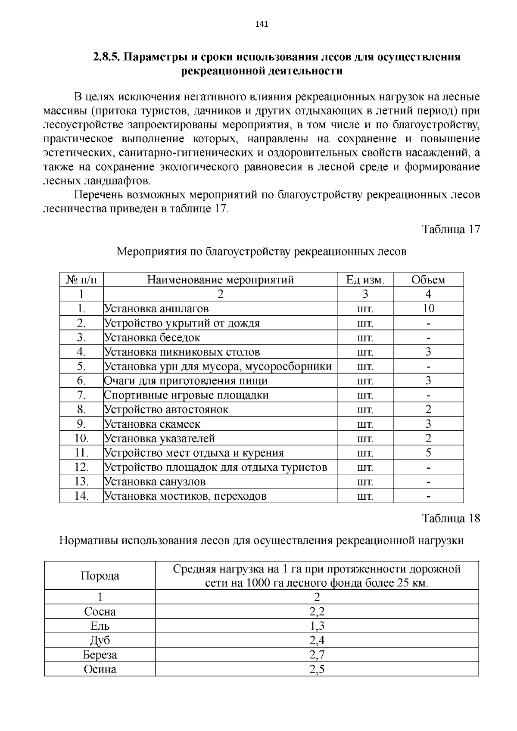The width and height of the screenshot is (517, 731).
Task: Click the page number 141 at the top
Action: click(x=262, y=24)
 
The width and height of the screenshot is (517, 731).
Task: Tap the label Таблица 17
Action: click(x=451, y=229)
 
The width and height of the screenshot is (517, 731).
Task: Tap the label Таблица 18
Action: click(x=451, y=518)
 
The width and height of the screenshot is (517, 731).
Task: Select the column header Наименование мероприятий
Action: click(x=220, y=280)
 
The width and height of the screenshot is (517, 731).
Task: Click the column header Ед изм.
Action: click(x=365, y=280)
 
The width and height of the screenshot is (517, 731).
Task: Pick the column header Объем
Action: click(x=428, y=280)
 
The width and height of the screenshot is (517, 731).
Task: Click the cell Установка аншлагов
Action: click(x=156, y=309)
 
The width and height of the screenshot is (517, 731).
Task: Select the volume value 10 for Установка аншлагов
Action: click(x=428, y=308)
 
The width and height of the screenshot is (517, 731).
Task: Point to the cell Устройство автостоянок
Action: click(x=166, y=410)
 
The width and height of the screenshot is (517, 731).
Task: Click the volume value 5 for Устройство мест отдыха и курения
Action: click(x=428, y=453)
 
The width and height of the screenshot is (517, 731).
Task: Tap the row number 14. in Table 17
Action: click(x=81, y=496)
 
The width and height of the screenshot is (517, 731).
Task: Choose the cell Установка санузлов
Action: click(x=155, y=482)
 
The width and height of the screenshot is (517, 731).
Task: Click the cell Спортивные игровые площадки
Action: click(x=187, y=395)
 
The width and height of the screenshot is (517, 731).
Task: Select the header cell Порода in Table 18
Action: click(x=100, y=576)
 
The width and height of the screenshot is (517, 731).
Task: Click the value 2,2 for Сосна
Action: click(x=317, y=612)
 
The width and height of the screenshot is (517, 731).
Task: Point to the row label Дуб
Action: click(x=100, y=641)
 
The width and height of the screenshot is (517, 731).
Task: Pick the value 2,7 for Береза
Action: click(x=317, y=655)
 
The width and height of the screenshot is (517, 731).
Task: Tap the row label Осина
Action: click(x=100, y=669)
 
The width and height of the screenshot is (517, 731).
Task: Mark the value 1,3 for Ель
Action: click(x=317, y=626)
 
